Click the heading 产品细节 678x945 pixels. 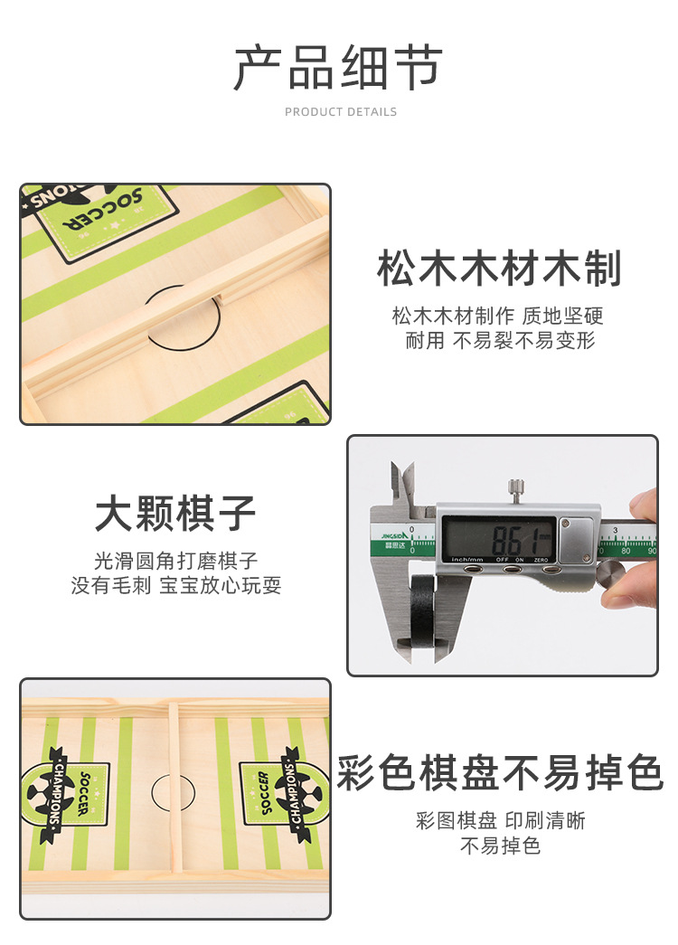coord(338,68)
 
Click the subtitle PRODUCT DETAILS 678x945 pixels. coord(341,111)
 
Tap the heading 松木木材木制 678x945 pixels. coord(499,269)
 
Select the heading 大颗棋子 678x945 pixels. coord(174,513)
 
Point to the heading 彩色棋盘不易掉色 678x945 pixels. coord(500,772)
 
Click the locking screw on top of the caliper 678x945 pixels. coord(515,490)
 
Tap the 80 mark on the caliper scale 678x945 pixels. coord(626,550)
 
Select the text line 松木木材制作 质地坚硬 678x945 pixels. coord(497,316)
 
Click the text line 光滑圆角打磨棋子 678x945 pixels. coord(175,561)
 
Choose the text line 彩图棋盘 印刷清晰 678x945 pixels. coord(500,820)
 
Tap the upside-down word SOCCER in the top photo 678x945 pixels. coord(102,211)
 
